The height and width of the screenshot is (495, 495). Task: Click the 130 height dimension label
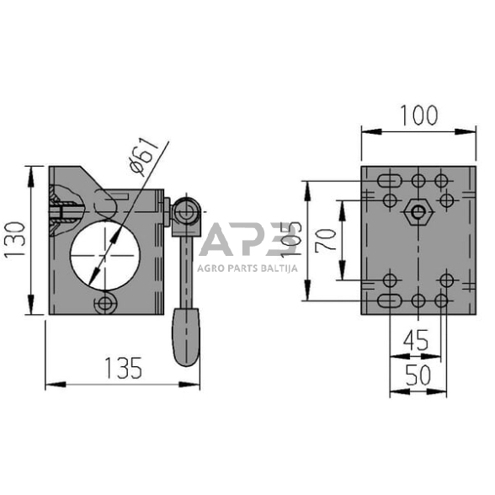coord(15,240)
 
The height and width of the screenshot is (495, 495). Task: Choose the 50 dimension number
coord(417,375)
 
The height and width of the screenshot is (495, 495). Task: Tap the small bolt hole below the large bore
coord(106,302)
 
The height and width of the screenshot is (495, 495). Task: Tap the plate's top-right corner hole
coord(440,179)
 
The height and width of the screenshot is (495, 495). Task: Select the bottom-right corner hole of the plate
coord(440,301)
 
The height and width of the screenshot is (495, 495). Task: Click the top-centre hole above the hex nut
coord(418,180)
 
